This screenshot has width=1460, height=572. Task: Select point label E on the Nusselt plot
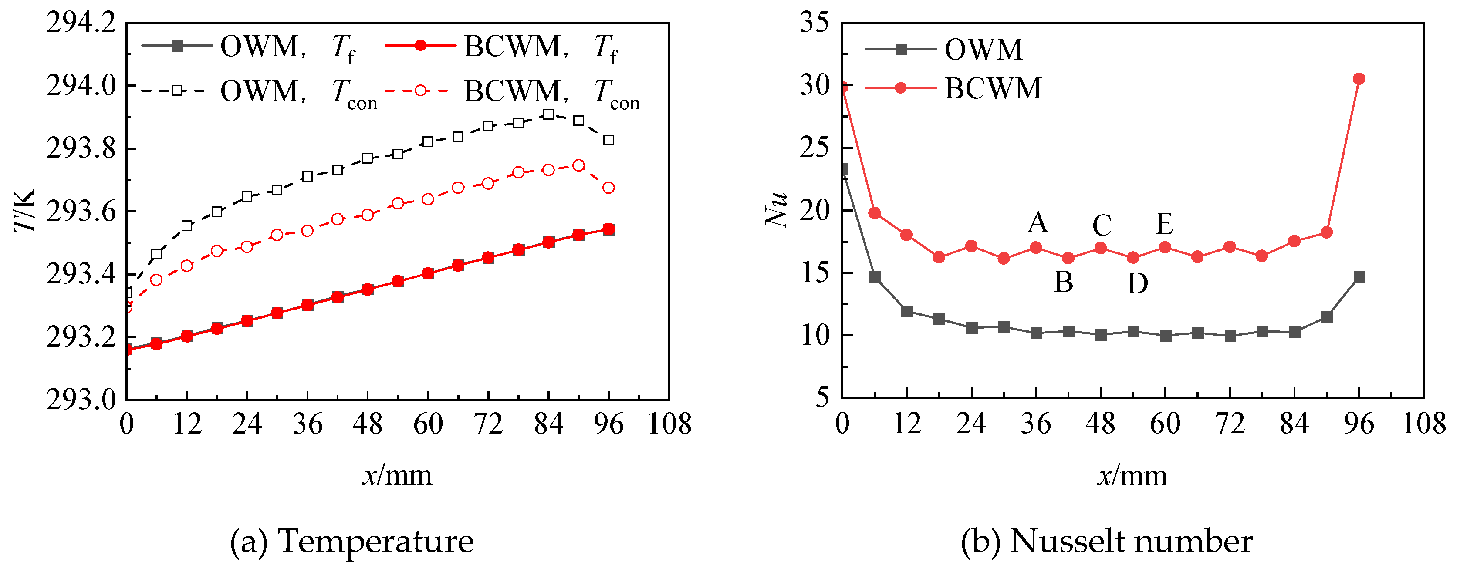1164,224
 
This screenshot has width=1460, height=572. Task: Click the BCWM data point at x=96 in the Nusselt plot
1359,79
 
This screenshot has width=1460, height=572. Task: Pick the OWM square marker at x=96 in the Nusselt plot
1359,277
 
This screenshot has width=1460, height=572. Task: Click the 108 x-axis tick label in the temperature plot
670,424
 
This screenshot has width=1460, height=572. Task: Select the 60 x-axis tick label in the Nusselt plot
1165,424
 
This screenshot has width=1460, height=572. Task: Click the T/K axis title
24,210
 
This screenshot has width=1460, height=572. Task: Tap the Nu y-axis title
776,210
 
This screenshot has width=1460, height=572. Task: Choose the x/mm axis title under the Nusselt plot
1132,474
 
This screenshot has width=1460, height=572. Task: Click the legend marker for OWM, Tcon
177,91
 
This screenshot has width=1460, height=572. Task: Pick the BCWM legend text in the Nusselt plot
993,88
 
